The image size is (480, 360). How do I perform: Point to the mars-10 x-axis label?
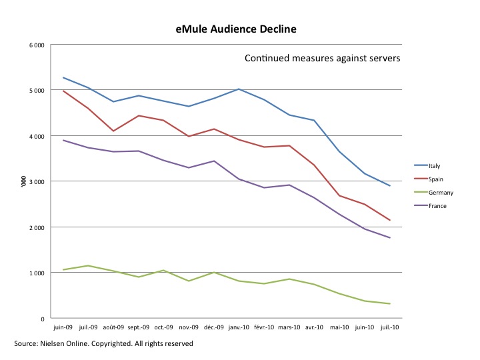pyautogui.click(x=289, y=328)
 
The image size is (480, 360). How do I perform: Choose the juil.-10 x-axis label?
pyautogui.click(x=390, y=328)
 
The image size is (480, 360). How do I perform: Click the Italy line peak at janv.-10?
pyautogui.click(x=238, y=89)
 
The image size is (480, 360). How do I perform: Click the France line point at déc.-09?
pyautogui.click(x=213, y=161)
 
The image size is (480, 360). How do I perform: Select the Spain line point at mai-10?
pyautogui.click(x=340, y=195)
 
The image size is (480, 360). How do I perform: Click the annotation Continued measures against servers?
pyautogui.click(x=322, y=58)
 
